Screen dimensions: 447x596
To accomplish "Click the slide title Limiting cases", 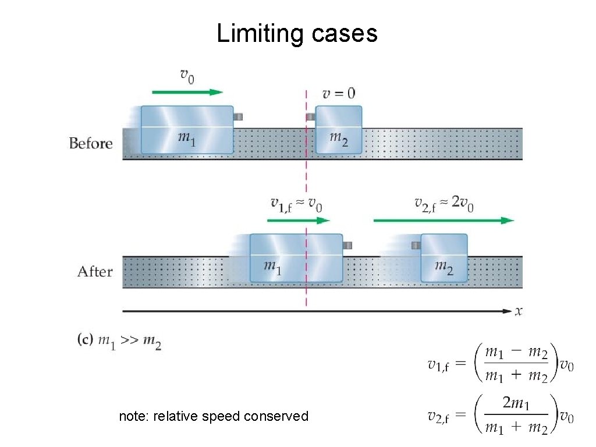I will click(x=297, y=34).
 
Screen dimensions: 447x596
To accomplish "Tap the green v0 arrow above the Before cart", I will click(x=187, y=92).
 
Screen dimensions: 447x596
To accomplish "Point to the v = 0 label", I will click(x=339, y=93).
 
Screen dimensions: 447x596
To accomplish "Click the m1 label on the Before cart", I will click(x=187, y=139).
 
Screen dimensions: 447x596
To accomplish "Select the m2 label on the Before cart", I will click(x=338, y=139).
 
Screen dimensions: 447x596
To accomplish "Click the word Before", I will click(x=91, y=143).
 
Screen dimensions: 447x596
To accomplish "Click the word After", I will click(x=95, y=271).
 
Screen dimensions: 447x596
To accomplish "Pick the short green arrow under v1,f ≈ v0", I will click(x=298, y=221).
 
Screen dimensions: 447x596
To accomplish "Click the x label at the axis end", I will click(x=518, y=311).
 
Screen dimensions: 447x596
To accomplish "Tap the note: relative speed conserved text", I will click(x=214, y=416).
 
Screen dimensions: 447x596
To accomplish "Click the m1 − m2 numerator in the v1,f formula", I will click(x=516, y=353).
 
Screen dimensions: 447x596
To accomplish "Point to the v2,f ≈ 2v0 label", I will click(x=444, y=204).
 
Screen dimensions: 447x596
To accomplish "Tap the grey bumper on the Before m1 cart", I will click(x=237, y=117).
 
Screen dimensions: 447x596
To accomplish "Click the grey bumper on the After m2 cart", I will click(x=416, y=245).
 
